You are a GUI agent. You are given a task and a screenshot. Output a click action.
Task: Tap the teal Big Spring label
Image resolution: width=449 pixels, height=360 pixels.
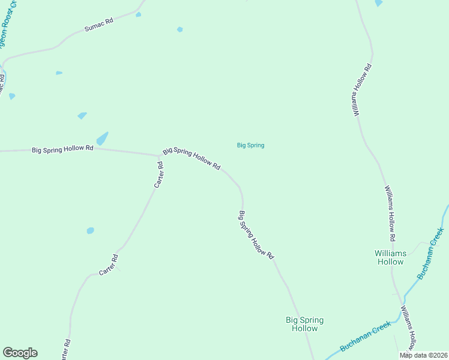pos(250,145)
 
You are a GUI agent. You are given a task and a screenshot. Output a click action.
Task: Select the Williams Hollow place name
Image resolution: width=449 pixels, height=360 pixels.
pos(390,257)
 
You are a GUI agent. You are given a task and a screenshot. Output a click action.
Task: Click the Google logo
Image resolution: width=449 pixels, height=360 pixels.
pos(20,353)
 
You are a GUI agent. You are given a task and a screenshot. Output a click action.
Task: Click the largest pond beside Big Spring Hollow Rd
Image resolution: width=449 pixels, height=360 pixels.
pos(102,139)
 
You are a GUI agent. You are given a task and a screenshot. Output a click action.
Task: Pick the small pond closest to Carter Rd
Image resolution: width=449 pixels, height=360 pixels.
pos(91,230)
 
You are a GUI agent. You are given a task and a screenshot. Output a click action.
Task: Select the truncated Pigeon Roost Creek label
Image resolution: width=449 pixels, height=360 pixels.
pos(7,27)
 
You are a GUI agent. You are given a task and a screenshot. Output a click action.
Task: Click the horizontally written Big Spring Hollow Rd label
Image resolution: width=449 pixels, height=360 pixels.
pos(62,148)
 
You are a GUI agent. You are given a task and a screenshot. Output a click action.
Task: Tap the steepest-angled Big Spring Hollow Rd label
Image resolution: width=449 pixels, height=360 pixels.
pos(256,235)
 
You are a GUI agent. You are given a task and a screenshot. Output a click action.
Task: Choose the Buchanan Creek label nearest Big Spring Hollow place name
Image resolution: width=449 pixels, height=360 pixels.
pos(365,336)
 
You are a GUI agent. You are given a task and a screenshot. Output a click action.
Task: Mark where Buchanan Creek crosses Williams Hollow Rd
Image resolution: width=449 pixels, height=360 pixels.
pos(400,310)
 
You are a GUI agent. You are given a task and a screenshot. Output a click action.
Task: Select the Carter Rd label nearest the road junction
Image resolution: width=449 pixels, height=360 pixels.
pos(159,174)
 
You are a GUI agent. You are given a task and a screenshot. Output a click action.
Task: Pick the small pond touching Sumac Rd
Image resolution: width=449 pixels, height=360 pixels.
pos(138,14)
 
